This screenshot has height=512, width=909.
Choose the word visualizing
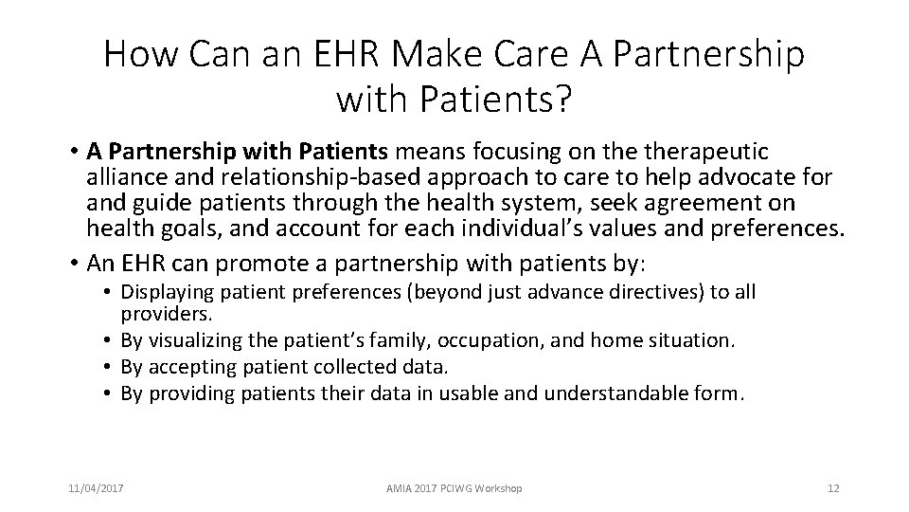pos(193,339)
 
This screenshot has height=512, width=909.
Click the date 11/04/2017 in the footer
pos(96,487)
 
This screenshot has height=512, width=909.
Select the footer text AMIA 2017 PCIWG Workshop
pos(454,487)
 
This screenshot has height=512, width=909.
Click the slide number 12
pos(832,487)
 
